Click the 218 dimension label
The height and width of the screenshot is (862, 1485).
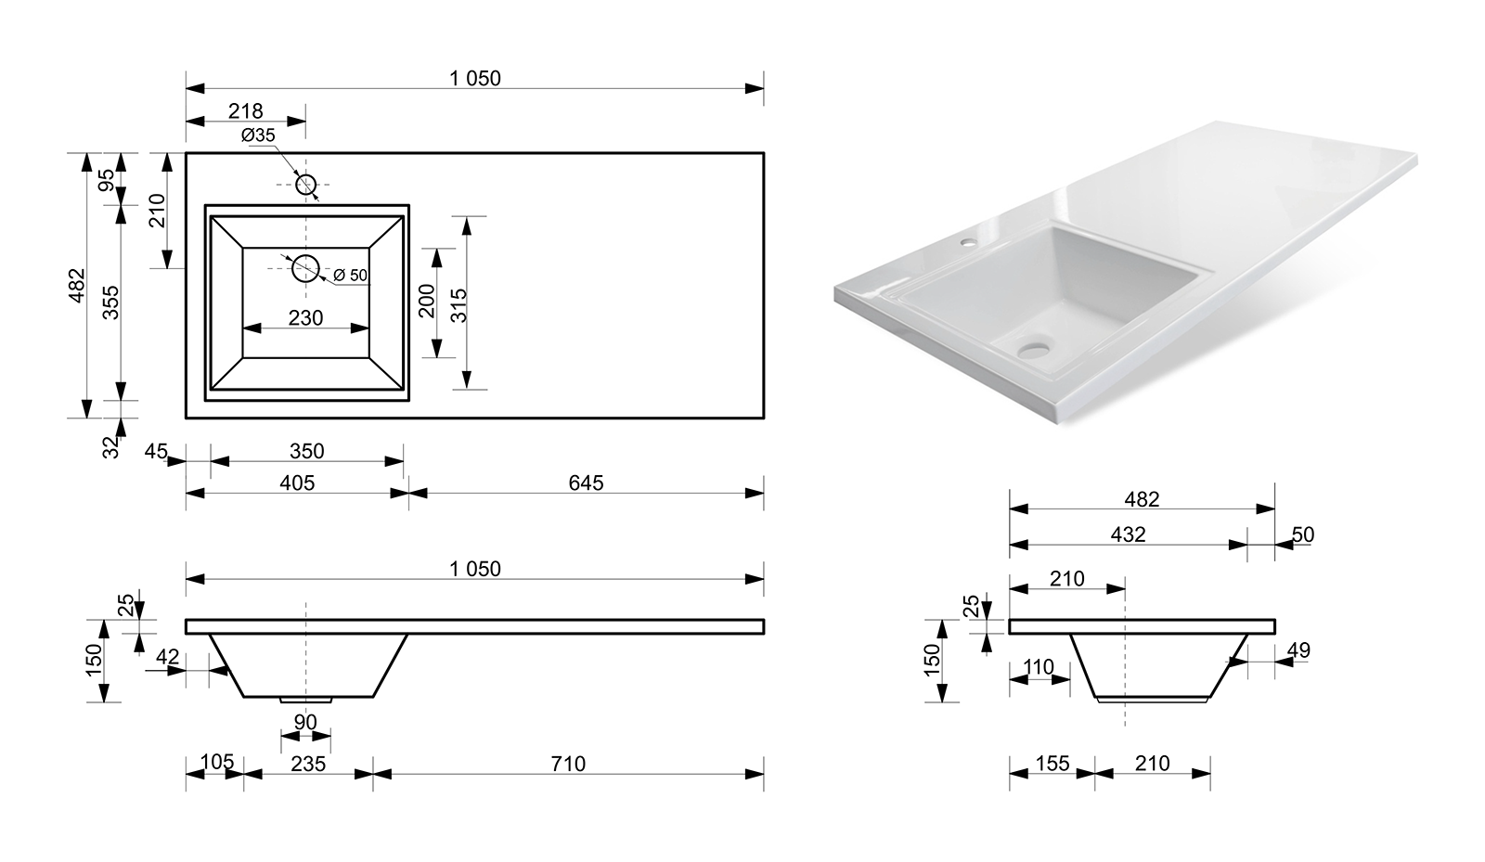click(245, 110)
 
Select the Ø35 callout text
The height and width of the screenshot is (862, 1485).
click(258, 135)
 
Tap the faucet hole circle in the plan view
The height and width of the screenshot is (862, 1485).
click(305, 185)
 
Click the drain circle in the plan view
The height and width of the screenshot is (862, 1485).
click(305, 268)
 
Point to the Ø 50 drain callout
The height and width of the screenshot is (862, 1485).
click(350, 275)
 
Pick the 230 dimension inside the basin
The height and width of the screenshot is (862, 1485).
click(305, 318)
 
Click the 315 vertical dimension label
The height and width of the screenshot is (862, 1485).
click(458, 305)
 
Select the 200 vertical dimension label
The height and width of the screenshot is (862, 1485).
click(427, 301)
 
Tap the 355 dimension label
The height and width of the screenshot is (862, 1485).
click(110, 302)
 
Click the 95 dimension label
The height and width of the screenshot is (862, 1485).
click(106, 180)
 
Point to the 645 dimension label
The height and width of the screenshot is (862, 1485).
click(586, 483)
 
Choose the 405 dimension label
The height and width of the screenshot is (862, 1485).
click(297, 483)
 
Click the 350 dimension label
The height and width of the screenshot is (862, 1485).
click(307, 451)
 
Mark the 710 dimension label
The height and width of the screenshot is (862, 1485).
click(568, 764)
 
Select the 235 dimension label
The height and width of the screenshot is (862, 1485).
click(308, 764)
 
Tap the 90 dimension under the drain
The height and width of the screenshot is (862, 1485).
click(305, 722)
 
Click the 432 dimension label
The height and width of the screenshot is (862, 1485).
click(1128, 534)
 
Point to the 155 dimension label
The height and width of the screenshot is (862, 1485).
click(1052, 764)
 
